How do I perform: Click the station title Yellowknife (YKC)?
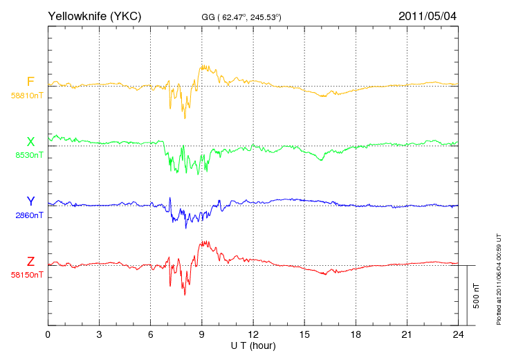(x=94, y=16)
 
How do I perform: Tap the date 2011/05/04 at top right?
(x=428, y=16)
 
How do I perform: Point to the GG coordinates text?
(x=241, y=17)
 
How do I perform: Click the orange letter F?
(x=30, y=82)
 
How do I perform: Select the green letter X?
(x=30, y=141)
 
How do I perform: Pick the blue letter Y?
(x=30, y=201)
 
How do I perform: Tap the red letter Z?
(x=30, y=262)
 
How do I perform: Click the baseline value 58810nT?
(x=27, y=96)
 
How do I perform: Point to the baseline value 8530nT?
(x=29, y=155)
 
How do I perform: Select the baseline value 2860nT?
(x=29, y=215)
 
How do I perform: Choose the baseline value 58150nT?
(x=27, y=275)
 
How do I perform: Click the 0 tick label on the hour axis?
(x=48, y=334)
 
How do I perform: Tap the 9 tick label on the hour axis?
(x=201, y=334)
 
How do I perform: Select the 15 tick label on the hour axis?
(x=304, y=334)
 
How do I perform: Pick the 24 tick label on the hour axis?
(x=458, y=334)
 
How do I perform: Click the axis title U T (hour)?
(x=253, y=346)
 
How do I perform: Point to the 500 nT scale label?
(x=477, y=296)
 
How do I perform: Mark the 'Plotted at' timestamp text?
(x=499, y=279)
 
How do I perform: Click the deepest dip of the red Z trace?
(x=185, y=294)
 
